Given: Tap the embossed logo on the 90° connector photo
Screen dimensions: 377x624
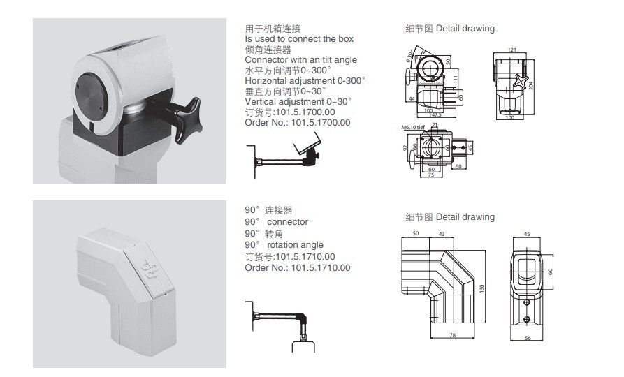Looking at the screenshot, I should (x=149, y=270).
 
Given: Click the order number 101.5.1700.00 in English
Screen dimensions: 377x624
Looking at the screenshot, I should (x=320, y=122).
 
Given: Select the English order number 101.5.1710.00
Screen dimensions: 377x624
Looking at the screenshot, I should (x=321, y=267).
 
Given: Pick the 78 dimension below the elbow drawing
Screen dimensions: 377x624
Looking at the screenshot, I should (x=453, y=336).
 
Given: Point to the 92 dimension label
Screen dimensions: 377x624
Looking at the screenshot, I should (x=407, y=148).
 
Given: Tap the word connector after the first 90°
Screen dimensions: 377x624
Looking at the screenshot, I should (x=288, y=221).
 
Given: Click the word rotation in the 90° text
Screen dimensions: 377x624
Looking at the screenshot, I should (x=284, y=244).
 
